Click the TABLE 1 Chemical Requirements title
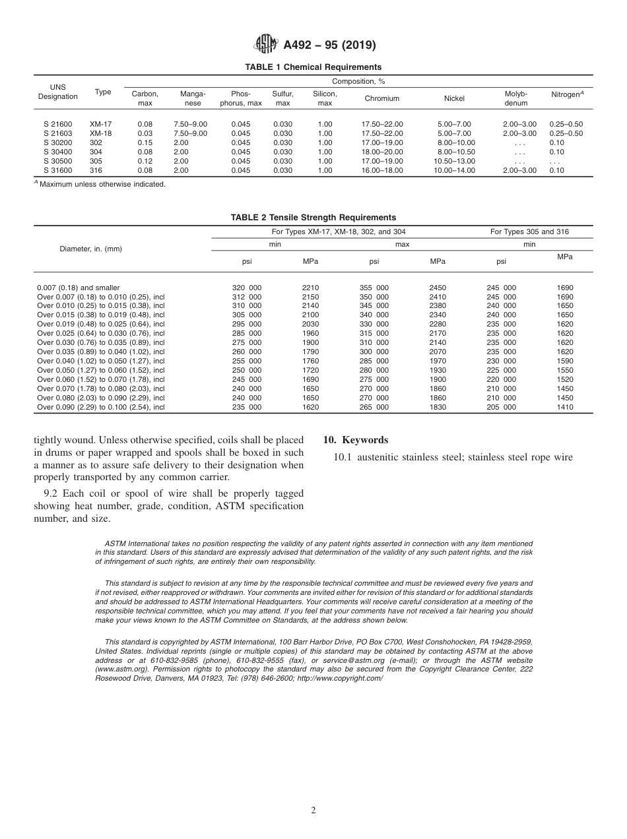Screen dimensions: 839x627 [313, 67]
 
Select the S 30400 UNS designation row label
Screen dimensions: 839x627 [58, 152]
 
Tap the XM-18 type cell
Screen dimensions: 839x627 [100, 133]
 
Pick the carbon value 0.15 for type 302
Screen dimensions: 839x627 [145, 142]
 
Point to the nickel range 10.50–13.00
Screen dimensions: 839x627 [454, 161]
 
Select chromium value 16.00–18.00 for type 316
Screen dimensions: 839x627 [382, 170]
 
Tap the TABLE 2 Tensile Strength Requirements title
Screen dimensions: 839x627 [313, 217]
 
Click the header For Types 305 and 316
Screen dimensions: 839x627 [529, 232]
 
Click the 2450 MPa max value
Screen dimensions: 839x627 [437, 288]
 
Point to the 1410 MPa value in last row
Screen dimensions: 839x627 [564, 407]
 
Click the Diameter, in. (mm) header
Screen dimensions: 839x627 [90, 249]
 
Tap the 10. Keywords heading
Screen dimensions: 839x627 [355, 441]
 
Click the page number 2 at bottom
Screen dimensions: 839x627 [313, 811]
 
